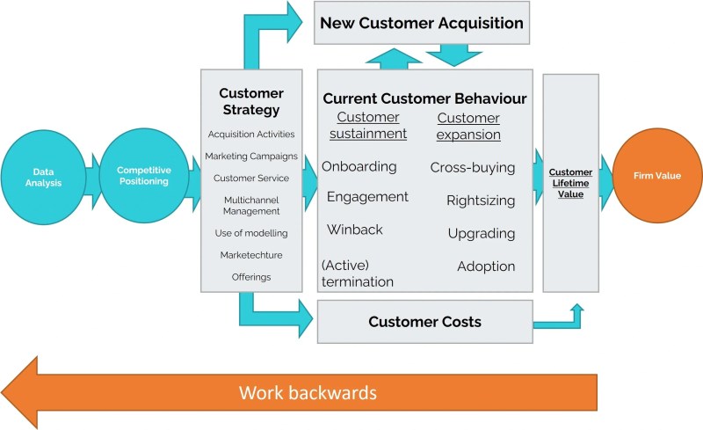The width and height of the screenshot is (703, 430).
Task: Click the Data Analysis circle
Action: point(43,178)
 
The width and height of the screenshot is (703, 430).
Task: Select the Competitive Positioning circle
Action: point(143,176)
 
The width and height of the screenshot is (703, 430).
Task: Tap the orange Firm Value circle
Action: point(656,176)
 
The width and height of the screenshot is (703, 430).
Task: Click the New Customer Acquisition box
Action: point(422,23)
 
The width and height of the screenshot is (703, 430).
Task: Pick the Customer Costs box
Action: point(424,322)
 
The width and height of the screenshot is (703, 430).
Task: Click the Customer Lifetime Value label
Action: point(570,183)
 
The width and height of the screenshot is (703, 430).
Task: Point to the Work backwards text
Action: point(308,393)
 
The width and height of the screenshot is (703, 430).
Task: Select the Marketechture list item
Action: point(251,255)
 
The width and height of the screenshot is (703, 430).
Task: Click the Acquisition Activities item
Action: point(251,135)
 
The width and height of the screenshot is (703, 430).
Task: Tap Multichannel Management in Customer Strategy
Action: point(251,206)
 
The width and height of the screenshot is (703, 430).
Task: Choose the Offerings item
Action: point(251,277)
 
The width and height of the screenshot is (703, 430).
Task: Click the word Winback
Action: point(355,230)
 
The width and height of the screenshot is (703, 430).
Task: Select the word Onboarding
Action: point(359,166)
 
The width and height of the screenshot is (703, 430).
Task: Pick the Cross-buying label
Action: point(473,167)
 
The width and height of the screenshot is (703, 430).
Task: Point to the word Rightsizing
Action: point(481,200)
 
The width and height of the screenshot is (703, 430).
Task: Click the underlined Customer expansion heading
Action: point(468,126)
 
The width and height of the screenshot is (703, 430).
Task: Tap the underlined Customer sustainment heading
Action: point(368,125)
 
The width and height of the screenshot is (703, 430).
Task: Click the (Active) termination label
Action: point(358,273)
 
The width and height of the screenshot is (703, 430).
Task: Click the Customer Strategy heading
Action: point(251,101)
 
